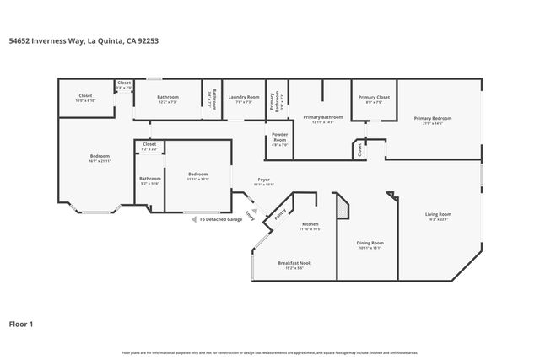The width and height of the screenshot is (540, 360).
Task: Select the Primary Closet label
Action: pos(374,98)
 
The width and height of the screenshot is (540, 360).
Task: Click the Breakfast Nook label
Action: pos(295,263)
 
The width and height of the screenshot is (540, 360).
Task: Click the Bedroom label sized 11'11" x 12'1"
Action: pos(198,176)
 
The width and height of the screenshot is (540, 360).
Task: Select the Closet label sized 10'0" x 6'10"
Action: pos(85,98)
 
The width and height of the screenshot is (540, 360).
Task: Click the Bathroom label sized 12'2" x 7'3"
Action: pos(168,97)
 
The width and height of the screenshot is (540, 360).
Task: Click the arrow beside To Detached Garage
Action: pos(194,219)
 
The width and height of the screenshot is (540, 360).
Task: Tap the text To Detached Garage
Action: pos(221,219)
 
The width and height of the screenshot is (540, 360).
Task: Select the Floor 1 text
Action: pos(21,323)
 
